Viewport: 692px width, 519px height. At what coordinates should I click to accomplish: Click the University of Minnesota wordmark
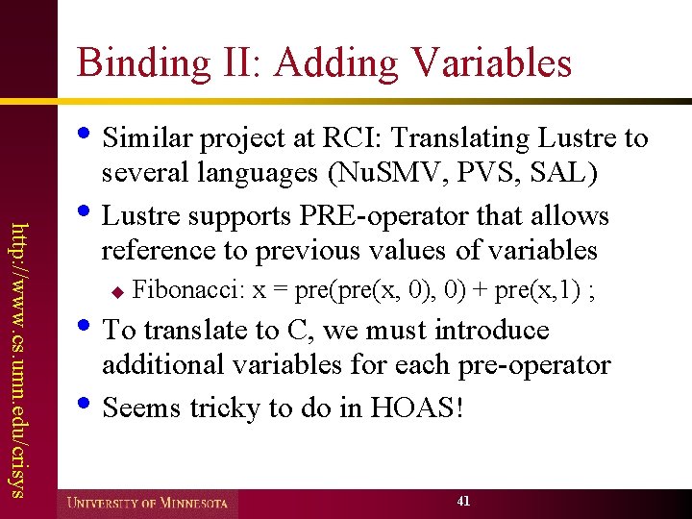pyautogui.click(x=148, y=502)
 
